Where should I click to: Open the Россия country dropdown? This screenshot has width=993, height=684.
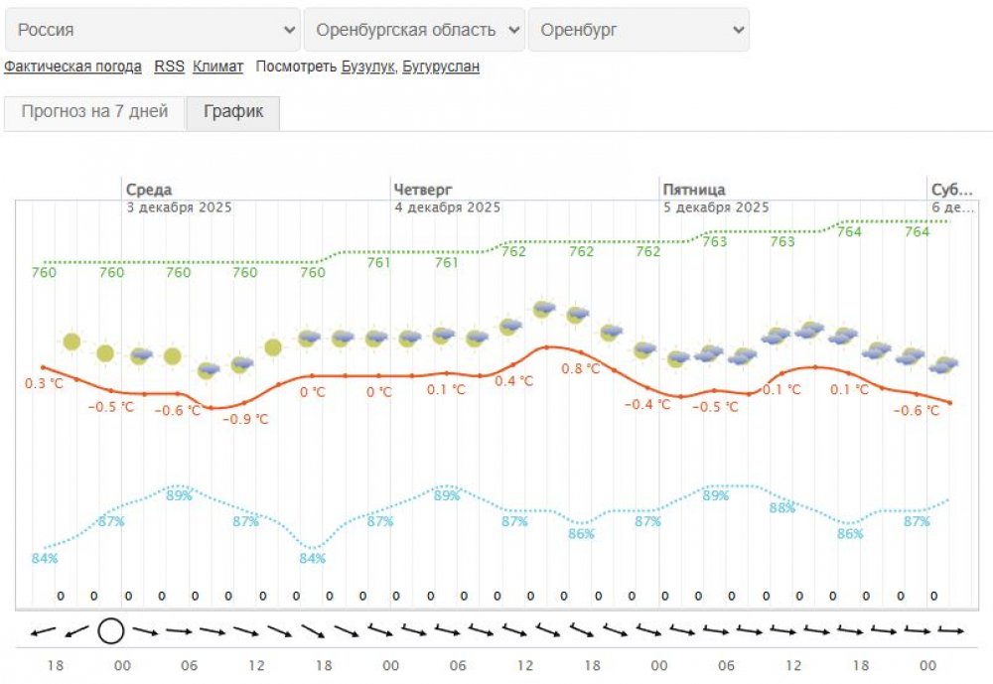coord(152,30)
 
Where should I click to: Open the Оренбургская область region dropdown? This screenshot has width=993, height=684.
coord(414,30)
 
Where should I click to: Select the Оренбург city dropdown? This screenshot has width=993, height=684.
coord(638,30)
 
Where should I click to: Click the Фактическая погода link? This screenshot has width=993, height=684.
coord(72,67)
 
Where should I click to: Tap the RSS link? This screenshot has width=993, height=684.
coord(169,67)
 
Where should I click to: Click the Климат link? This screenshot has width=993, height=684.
coord(217,67)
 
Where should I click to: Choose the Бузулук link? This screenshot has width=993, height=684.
coord(368,67)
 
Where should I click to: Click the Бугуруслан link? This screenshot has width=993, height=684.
coord(441,67)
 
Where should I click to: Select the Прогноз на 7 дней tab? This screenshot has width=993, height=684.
coord(94,112)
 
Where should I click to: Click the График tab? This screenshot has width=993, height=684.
coord(233,112)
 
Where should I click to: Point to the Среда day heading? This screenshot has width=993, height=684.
coord(149,190)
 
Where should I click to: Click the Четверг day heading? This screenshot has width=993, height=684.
coord(423,190)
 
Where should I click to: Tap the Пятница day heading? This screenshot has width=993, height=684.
coord(694,190)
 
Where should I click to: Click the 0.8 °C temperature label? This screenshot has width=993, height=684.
coord(581,368)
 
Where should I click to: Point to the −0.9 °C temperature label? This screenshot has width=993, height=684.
coord(245,419)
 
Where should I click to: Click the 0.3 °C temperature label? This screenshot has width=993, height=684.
coord(44,384)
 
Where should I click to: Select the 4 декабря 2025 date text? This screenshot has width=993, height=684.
coord(447,207)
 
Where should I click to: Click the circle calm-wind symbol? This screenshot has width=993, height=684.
coord(110,630)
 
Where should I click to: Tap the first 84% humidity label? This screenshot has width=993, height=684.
coord(45,558)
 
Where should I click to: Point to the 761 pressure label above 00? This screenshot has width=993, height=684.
coord(378,263)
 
